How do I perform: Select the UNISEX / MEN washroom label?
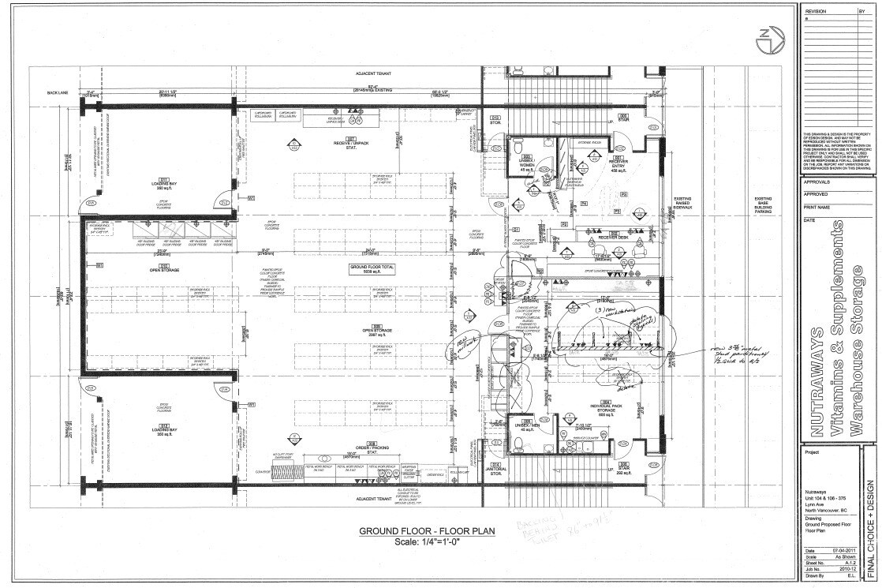tap(525, 426)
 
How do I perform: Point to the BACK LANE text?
tap(58, 92)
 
